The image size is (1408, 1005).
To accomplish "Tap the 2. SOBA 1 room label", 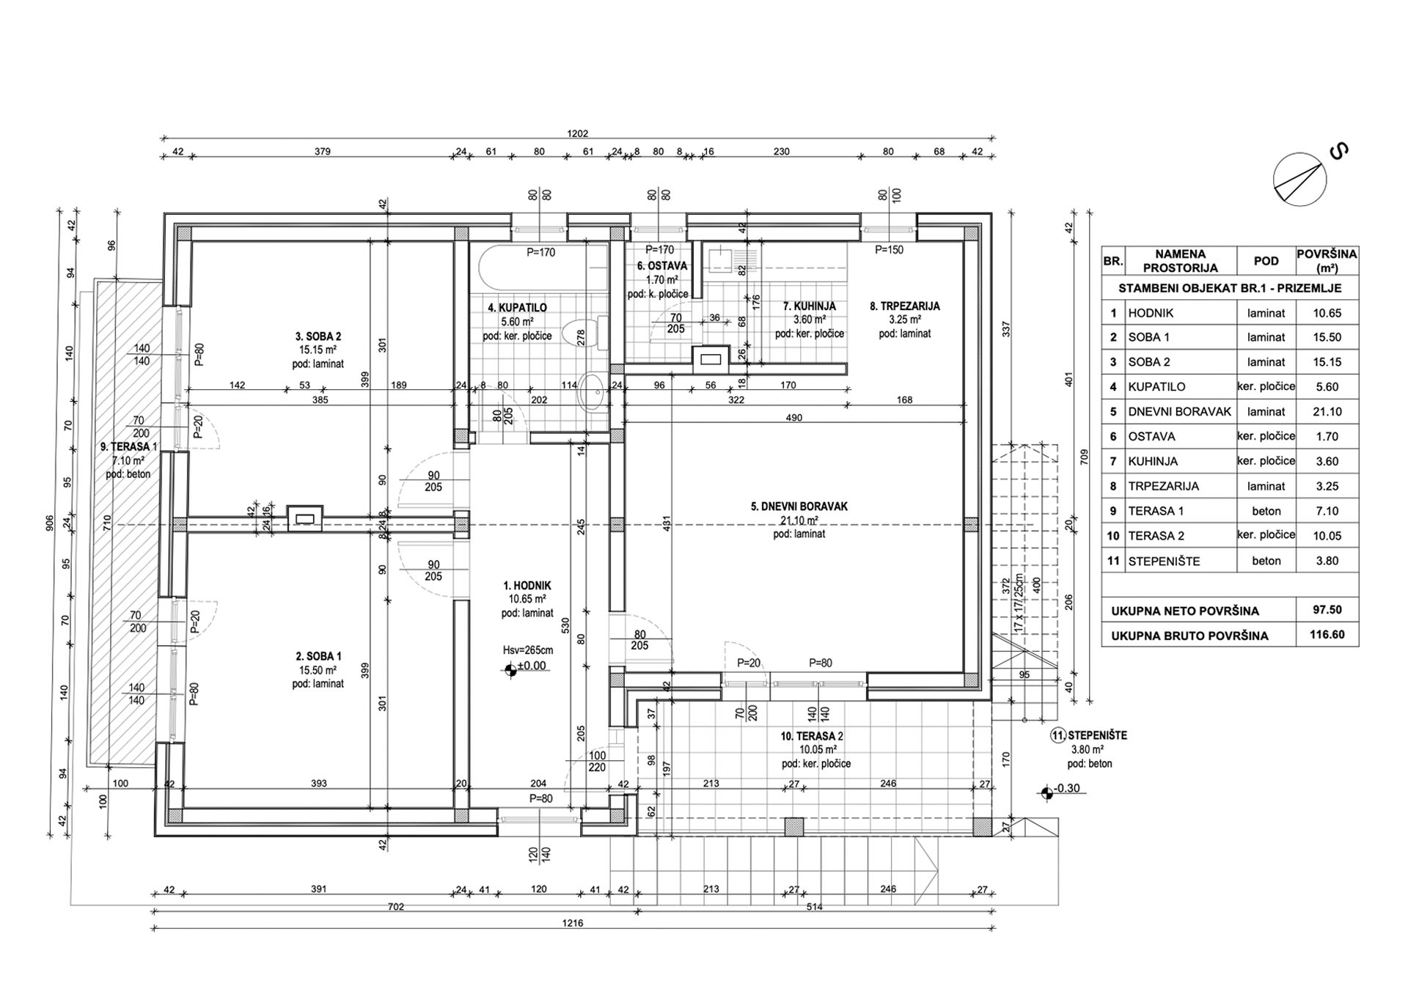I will click(x=318, y=657).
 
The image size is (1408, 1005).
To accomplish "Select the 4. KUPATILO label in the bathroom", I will click(x=517, y=308).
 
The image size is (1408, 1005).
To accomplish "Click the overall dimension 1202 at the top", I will click(x=578, y=134).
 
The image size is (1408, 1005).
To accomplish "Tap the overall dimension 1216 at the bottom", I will click(x=573, y=923).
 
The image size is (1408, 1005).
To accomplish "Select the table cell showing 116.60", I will click(x=1327, y=635).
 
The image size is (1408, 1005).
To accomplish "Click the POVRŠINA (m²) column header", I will click(x=1327, y=261).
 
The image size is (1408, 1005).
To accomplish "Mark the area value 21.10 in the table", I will click(x=1327, y=412).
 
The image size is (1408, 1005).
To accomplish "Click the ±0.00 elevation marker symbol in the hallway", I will click(x=510, y=669).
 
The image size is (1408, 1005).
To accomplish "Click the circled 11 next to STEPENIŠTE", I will click(x=1057, y=736).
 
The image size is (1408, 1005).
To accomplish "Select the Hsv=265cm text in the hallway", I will click(x=527, y=650).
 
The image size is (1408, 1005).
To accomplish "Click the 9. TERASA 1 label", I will click(x=128, y=446).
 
